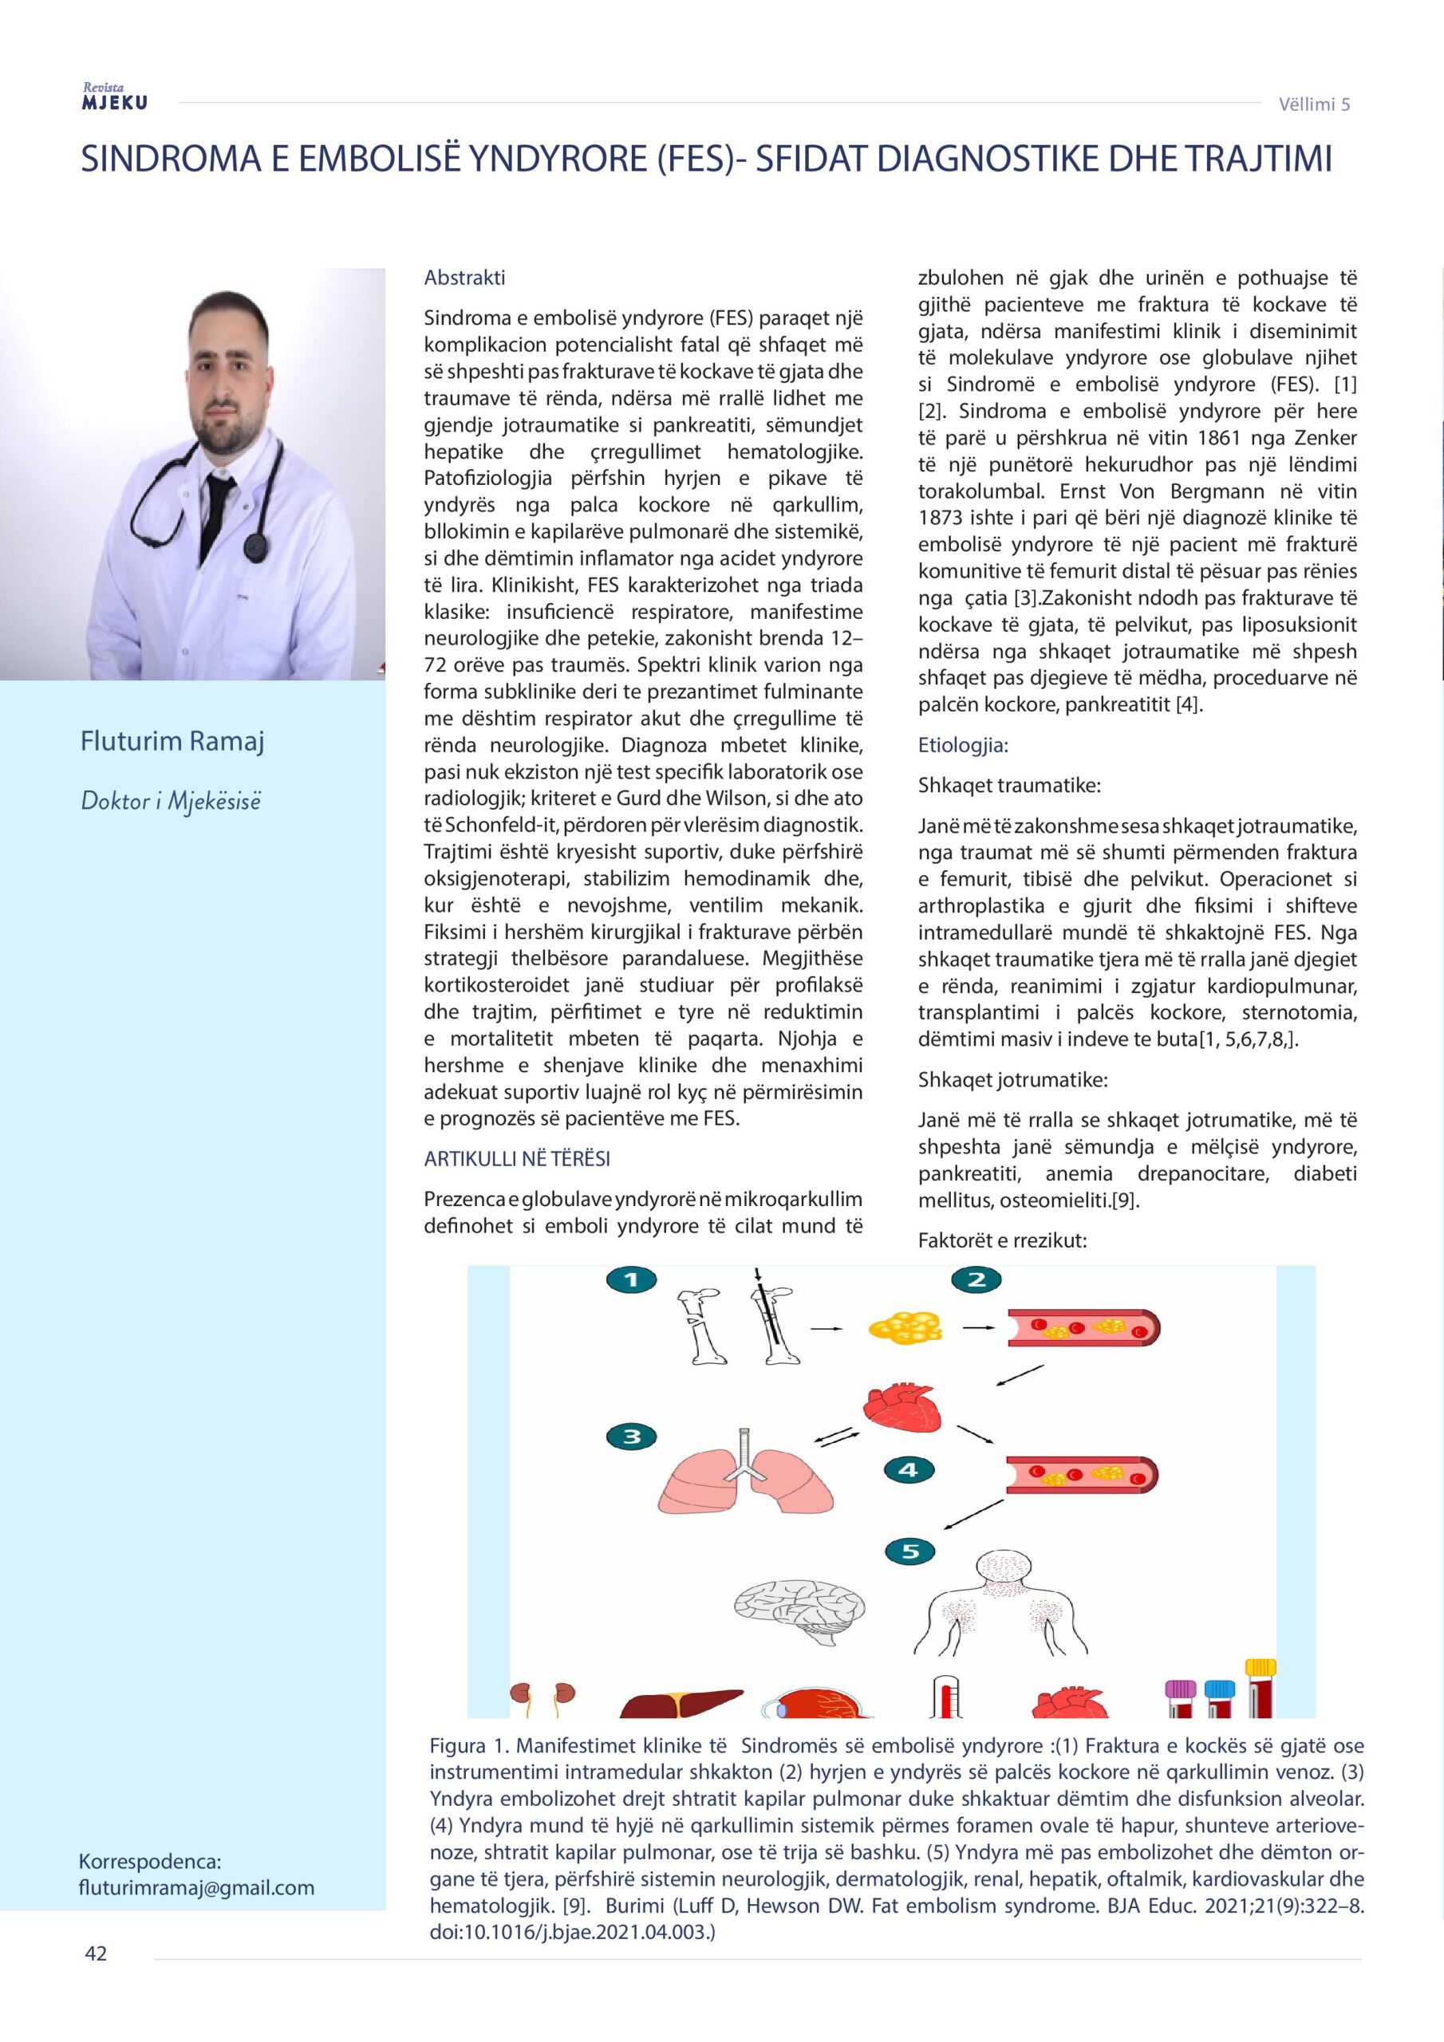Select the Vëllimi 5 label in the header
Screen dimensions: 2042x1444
pos(1314,104)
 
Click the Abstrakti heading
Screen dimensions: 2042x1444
pos(464,278)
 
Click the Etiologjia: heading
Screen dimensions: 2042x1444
pos(963,745)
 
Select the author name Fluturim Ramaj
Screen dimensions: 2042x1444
pos(172,742)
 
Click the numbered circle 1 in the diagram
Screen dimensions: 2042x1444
pos(631,1279)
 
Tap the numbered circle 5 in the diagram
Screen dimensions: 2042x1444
pos(910,1552)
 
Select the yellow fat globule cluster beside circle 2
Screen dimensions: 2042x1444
pos(904,1330)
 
